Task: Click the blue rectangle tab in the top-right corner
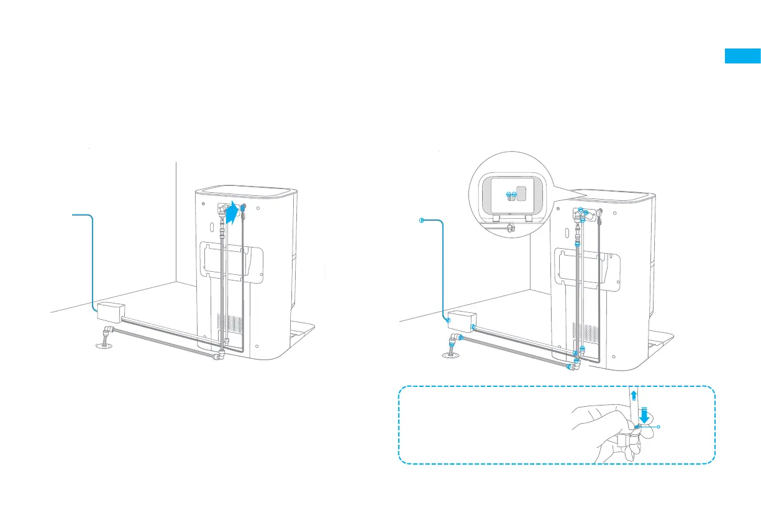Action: tap(742, 56)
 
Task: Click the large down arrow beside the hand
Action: tap(645, 414)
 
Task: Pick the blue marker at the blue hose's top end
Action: tap(422, 220)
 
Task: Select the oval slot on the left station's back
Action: tap(211, 225)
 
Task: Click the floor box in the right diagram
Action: tap(460, 320)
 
